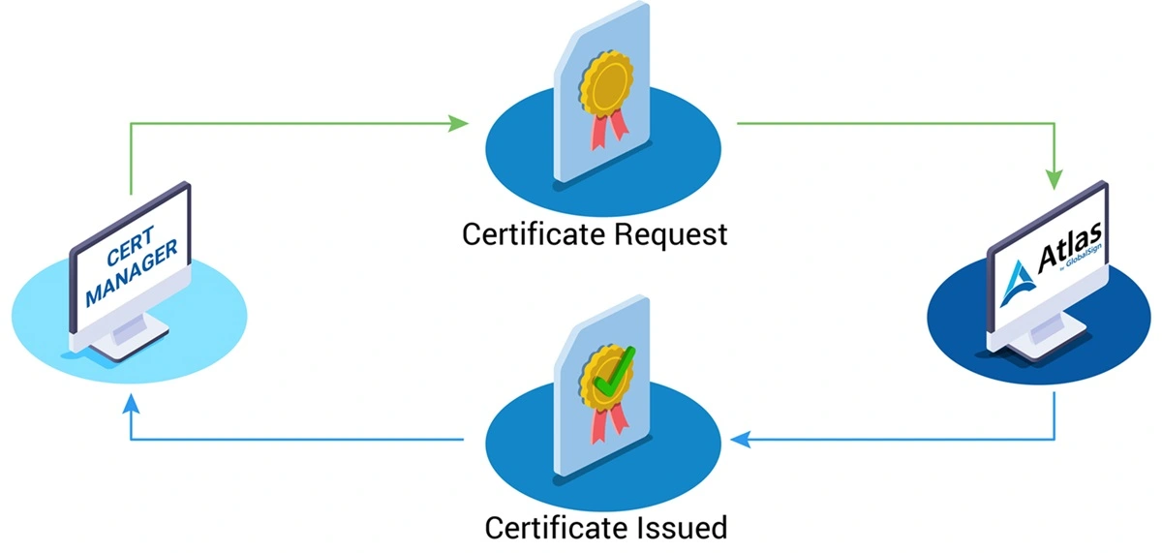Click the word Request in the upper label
coord(673,234)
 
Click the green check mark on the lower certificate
coord(611,372)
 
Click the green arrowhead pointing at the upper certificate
coord(460,123)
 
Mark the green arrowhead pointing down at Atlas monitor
coord(1054,179)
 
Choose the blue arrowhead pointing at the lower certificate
coord(740,441)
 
